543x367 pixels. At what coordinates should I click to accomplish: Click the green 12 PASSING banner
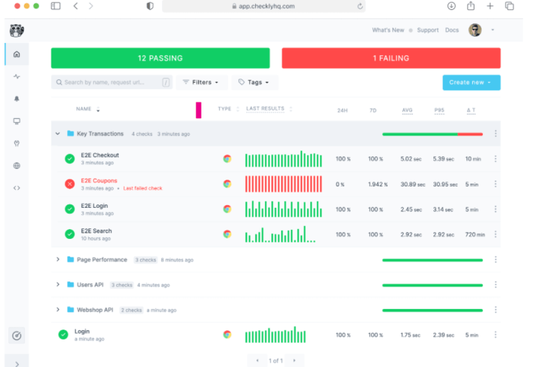[x=160, y=58]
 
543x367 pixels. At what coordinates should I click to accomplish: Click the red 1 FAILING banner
[x=391, y=58]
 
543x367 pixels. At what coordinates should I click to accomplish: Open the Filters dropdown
[x=202, y=82]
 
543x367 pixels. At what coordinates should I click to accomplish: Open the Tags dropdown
[x=255, y=82]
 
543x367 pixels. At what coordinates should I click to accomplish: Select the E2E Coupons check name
[x=99, y=180]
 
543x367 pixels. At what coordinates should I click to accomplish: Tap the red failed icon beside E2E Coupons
[x=69, y=184]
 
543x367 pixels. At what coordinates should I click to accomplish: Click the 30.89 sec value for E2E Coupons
[x=412, y=185]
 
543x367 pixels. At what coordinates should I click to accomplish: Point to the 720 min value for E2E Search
[x=475, y=235]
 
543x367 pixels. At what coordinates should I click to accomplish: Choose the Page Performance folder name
[x=102, y=260]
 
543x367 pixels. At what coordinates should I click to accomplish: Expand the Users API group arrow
[x=58, y=284]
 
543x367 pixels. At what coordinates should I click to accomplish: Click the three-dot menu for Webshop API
[x=496, y=310]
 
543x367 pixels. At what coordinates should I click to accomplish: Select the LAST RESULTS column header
[x=265, y=109]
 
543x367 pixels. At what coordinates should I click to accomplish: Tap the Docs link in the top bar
[x=452, y=30]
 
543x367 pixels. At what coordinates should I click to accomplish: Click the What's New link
[x=388, y=30]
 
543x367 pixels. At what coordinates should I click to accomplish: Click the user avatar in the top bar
[x=475, y=30]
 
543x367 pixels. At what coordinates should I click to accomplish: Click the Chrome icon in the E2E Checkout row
[x=227, y=158]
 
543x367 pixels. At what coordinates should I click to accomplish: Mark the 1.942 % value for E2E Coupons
[x=378, y=185]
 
